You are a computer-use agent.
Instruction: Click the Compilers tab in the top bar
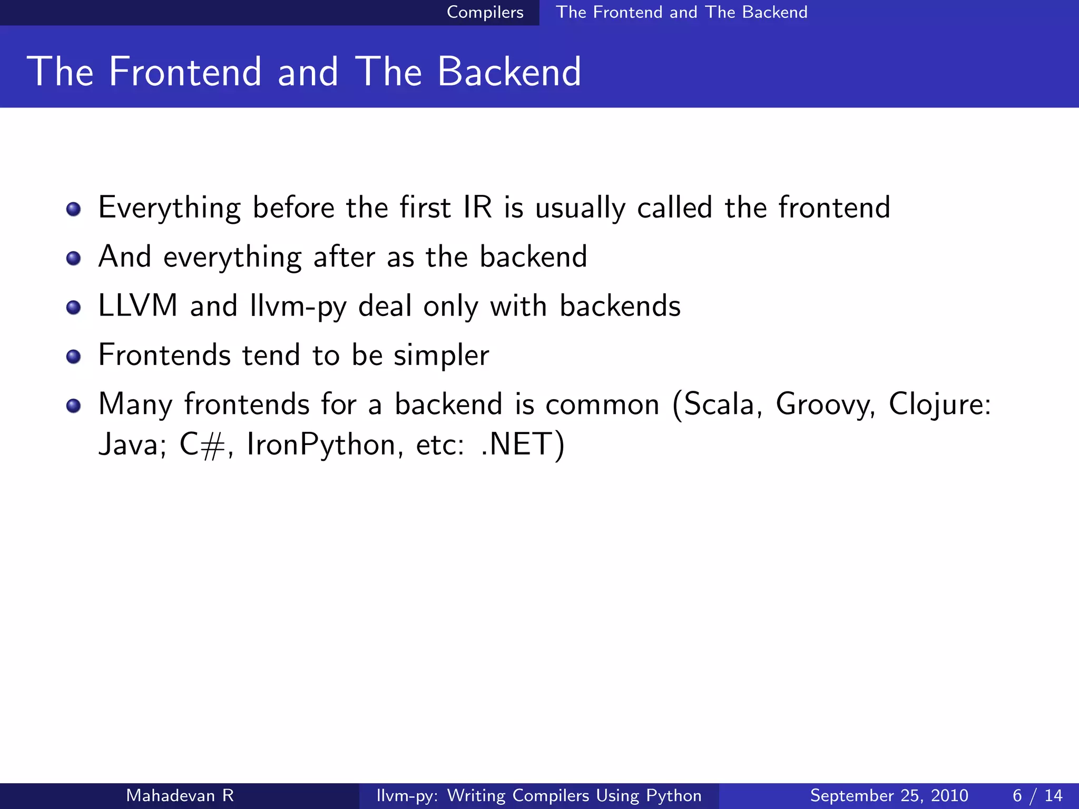click(485, 12)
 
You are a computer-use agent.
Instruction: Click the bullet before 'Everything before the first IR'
click(74, 210)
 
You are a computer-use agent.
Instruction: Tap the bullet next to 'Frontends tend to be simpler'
click(74, 357)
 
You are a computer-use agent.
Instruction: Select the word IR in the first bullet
click(477, 208)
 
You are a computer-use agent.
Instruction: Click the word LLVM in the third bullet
click(138, 306)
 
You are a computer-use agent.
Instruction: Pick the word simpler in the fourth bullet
click(442, 356)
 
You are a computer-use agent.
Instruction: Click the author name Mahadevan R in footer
click(180, 795)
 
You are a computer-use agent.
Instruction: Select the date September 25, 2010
click(889, 795)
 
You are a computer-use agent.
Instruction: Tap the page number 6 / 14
click(1037, 795)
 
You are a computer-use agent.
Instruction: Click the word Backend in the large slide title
click(509, 72)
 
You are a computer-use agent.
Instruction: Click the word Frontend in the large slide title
click(185, 72)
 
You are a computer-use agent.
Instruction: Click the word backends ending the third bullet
click(620, 306)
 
